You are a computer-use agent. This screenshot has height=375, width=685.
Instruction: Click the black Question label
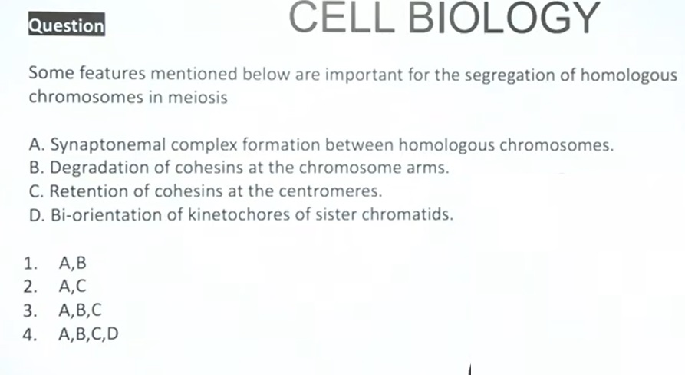[67, 25]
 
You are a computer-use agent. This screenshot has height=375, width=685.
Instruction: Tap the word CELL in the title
[341, 18]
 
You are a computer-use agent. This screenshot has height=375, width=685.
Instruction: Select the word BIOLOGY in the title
[504, 18]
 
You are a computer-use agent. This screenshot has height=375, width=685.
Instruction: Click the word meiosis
[197, 97]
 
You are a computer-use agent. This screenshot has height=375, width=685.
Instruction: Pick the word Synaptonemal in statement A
[108, 144]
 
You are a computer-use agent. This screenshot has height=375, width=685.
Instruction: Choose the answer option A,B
[73, 263]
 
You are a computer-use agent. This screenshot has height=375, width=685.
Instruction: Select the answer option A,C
[73, 286]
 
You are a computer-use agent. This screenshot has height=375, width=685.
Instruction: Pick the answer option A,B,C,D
[88, 334]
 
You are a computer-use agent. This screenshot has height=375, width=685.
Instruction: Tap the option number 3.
[30, 310]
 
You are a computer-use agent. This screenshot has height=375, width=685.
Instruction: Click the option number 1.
[30, 264]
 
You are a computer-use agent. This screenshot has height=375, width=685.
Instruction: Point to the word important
[364, 75]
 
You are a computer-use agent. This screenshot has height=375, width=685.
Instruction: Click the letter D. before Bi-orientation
[37, 215]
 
